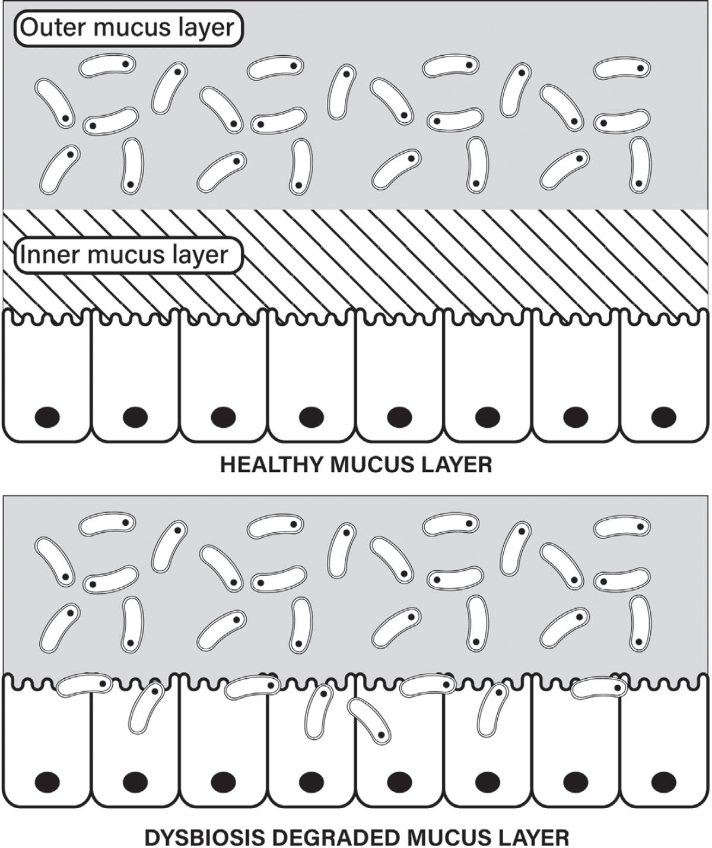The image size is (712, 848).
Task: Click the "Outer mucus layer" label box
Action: [128, 28]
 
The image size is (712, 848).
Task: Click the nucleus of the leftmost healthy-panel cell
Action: [47, 418]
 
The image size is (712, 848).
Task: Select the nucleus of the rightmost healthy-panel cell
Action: [663, 418]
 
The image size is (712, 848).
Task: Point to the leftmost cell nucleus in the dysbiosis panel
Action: [47, 782]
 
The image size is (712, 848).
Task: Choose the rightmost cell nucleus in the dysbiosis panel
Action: [663, 782]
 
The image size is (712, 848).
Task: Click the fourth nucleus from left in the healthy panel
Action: [311, 418]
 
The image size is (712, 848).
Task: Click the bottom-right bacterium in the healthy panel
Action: [640, 166]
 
